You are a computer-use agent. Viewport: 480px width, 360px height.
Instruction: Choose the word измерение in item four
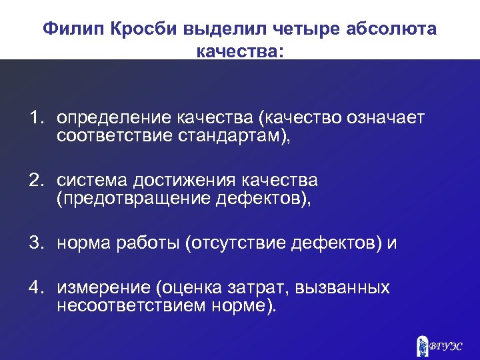click(x=103, y=289)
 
